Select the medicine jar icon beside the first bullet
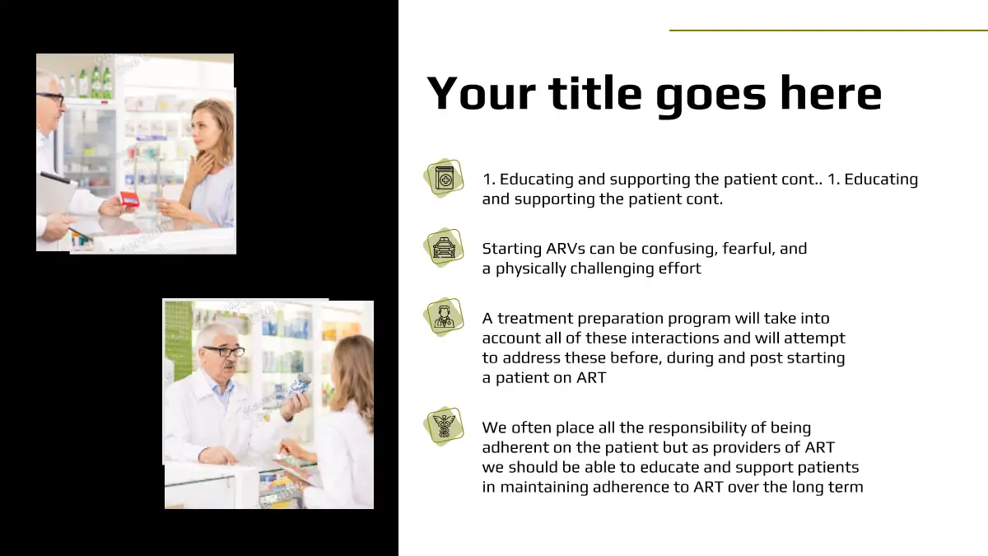point(444,178)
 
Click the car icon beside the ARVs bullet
point(444,248)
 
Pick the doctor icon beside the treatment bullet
point(444,317)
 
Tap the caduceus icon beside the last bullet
point(444,427)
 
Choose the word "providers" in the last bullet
point(747,448)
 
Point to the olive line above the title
point(828,30)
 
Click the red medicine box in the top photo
point(129,200)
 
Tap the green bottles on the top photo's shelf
point(96,82)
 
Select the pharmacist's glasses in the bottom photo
point(224,351)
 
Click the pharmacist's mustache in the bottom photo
point(230,366)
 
